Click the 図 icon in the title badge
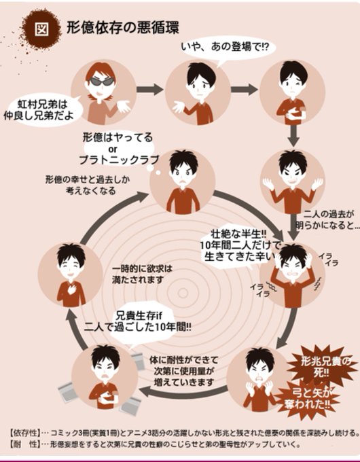pos(42,29)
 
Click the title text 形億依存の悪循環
pos(122,29)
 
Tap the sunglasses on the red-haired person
pos(102,81)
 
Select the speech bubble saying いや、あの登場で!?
pos(225,48)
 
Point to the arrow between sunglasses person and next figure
pos(149,89)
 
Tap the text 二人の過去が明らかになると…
pos(327,220)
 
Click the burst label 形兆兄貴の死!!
pos(322,366)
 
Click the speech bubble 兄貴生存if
pos(138,322)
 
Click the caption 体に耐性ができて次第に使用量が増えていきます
pos(184,371)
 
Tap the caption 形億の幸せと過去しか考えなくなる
pos(88,185)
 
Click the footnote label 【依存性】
pos(24,433)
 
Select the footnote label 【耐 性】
pos(24,444)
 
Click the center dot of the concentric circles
pos(183,293)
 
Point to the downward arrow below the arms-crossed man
pos(293,135)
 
